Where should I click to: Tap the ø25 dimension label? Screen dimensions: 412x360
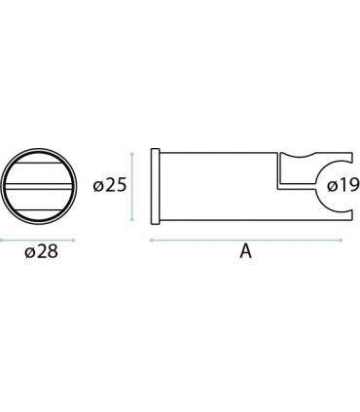(x=109, y=185)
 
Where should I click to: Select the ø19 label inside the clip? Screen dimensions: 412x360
(x=343, y=185)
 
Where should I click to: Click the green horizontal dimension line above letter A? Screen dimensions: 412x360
(x=246, y=238)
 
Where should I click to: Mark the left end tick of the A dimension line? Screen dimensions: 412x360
(x=151, y=238)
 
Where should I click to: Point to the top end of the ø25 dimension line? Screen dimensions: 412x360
(x=131, y=151)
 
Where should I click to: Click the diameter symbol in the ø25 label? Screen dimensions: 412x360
(x=96, y=186)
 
